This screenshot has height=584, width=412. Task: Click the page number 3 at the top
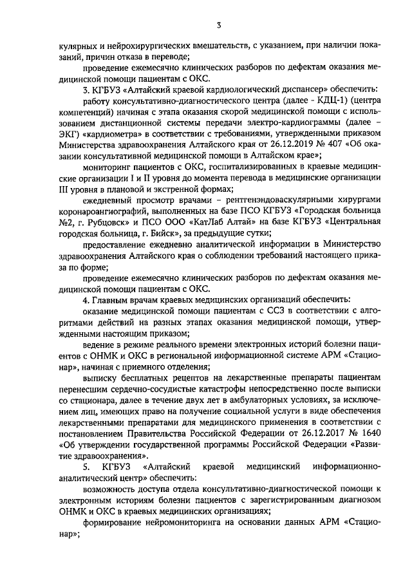(x=219, y=25)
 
